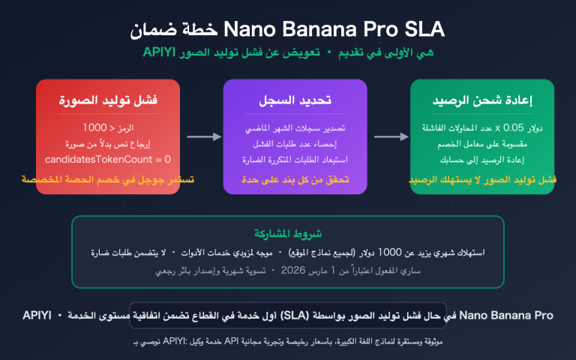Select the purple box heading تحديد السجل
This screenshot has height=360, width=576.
(x=295, y=100)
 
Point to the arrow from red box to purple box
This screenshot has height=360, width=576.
(x=203, y=136)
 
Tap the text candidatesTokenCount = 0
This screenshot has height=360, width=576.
(x=108, y=159)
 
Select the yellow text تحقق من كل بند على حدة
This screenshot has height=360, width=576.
(x=295, y=180)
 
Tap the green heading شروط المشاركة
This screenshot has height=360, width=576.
(x=288, y=233)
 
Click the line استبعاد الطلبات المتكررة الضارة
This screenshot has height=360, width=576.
(x=295, y=159)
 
